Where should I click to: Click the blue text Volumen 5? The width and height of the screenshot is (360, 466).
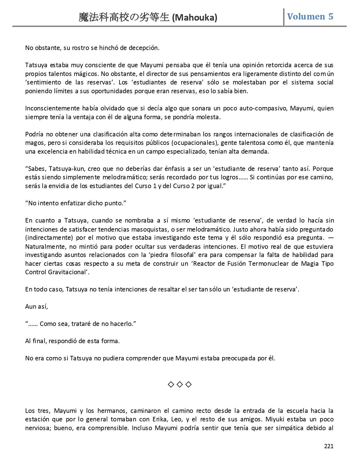(310, 16)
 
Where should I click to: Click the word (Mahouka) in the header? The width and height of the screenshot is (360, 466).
(195, 18)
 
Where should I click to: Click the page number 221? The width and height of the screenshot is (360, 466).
(329, 446)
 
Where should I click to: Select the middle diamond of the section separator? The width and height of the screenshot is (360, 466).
(180, 384)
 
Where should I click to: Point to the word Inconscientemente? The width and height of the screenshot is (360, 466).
(49, 108)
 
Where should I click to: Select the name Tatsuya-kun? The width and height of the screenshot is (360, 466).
(66, 169)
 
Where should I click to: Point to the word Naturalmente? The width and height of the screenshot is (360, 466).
(45, 247)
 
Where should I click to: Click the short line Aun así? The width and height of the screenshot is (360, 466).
(37, 306)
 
